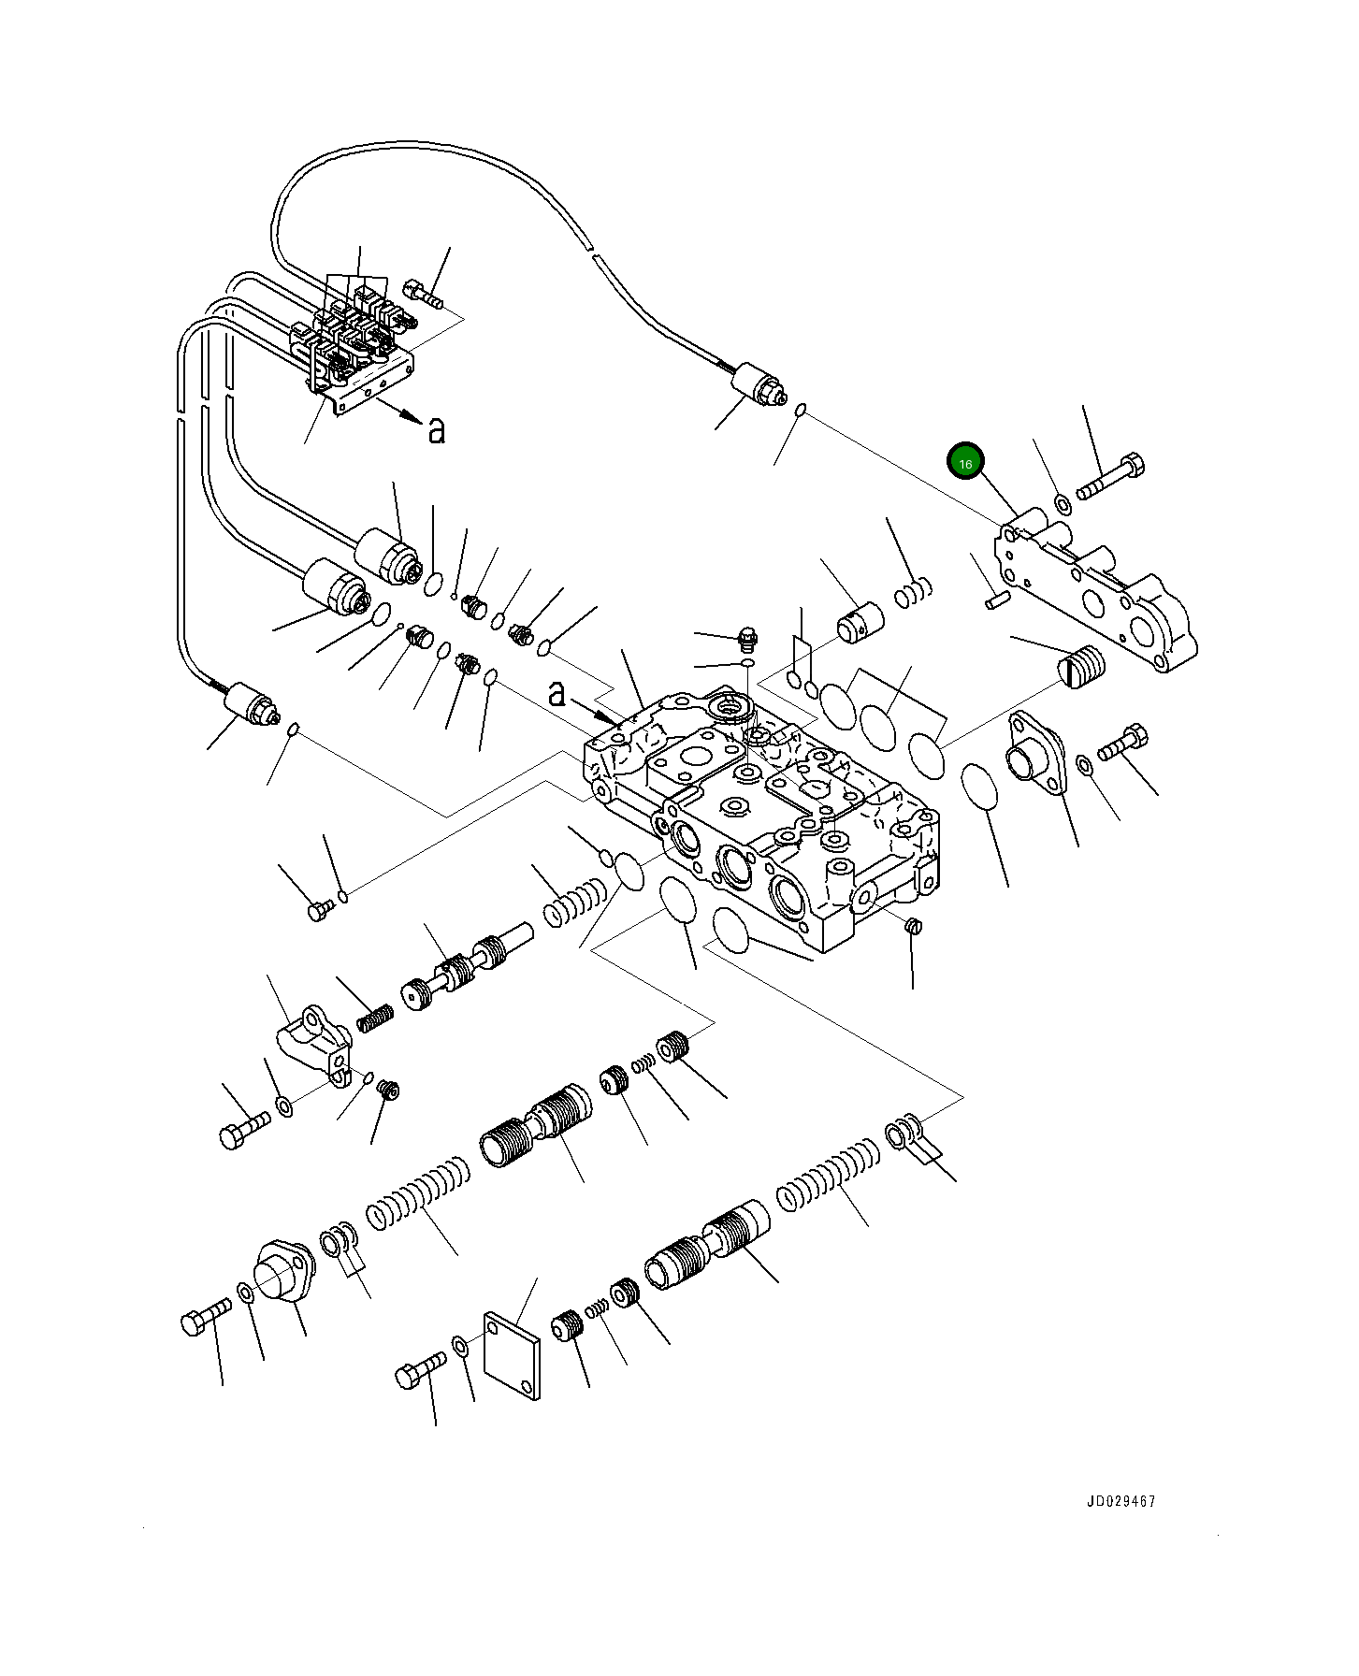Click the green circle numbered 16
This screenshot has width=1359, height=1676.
(x=965, y=462)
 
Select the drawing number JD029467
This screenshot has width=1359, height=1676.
(x=1120, y=1501)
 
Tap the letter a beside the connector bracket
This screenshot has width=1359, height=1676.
(x=436, y=430)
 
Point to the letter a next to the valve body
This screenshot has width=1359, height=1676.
(x=557, y=693)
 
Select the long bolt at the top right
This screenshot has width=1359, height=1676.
(x=1111, y=476)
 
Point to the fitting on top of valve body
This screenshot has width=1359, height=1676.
(x=745, y=640)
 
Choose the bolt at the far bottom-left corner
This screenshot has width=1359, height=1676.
(x=204, y=1316)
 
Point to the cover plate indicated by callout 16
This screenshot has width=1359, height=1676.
(x=1094, y=589)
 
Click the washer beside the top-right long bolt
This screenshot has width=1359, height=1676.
(x=1063, y=503)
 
